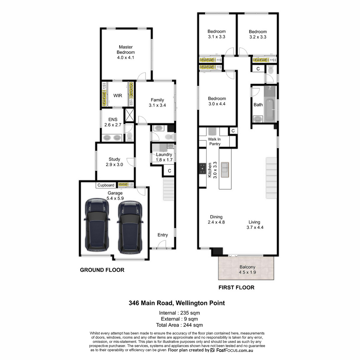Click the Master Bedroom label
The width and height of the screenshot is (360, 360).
tap(125, 49)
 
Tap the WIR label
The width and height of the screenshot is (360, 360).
tap(118, 96)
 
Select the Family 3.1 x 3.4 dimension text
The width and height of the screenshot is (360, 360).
tap(157, 105)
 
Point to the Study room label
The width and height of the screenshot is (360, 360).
tap(114, 159)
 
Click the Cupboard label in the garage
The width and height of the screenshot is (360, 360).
tap(106, 185)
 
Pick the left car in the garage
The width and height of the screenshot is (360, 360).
tap(97, 225)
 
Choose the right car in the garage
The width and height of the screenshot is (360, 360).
tap(130, 227)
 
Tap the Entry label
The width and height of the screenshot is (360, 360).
tap(163, 235)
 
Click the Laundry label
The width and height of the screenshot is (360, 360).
tap(164, 154)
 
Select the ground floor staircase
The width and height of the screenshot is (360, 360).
tap(169, 189)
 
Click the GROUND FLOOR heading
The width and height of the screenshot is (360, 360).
tap(102, 270)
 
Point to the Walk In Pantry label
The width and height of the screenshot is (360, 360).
tap(214, 142)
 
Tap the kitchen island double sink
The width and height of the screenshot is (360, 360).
tap(225, 170)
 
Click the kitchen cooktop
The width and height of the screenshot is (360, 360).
tap(202, 169)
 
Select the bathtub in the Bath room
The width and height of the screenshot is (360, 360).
tap(270, 110)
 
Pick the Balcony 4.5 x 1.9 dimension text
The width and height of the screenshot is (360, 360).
tap(247, 272)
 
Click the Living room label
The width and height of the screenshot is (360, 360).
tap(254, 222)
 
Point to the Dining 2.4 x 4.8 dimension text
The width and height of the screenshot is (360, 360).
tap(216, 222)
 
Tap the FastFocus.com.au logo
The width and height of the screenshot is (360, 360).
tap(232, 350)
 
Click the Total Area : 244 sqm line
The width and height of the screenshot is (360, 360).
tap(179, 325)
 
